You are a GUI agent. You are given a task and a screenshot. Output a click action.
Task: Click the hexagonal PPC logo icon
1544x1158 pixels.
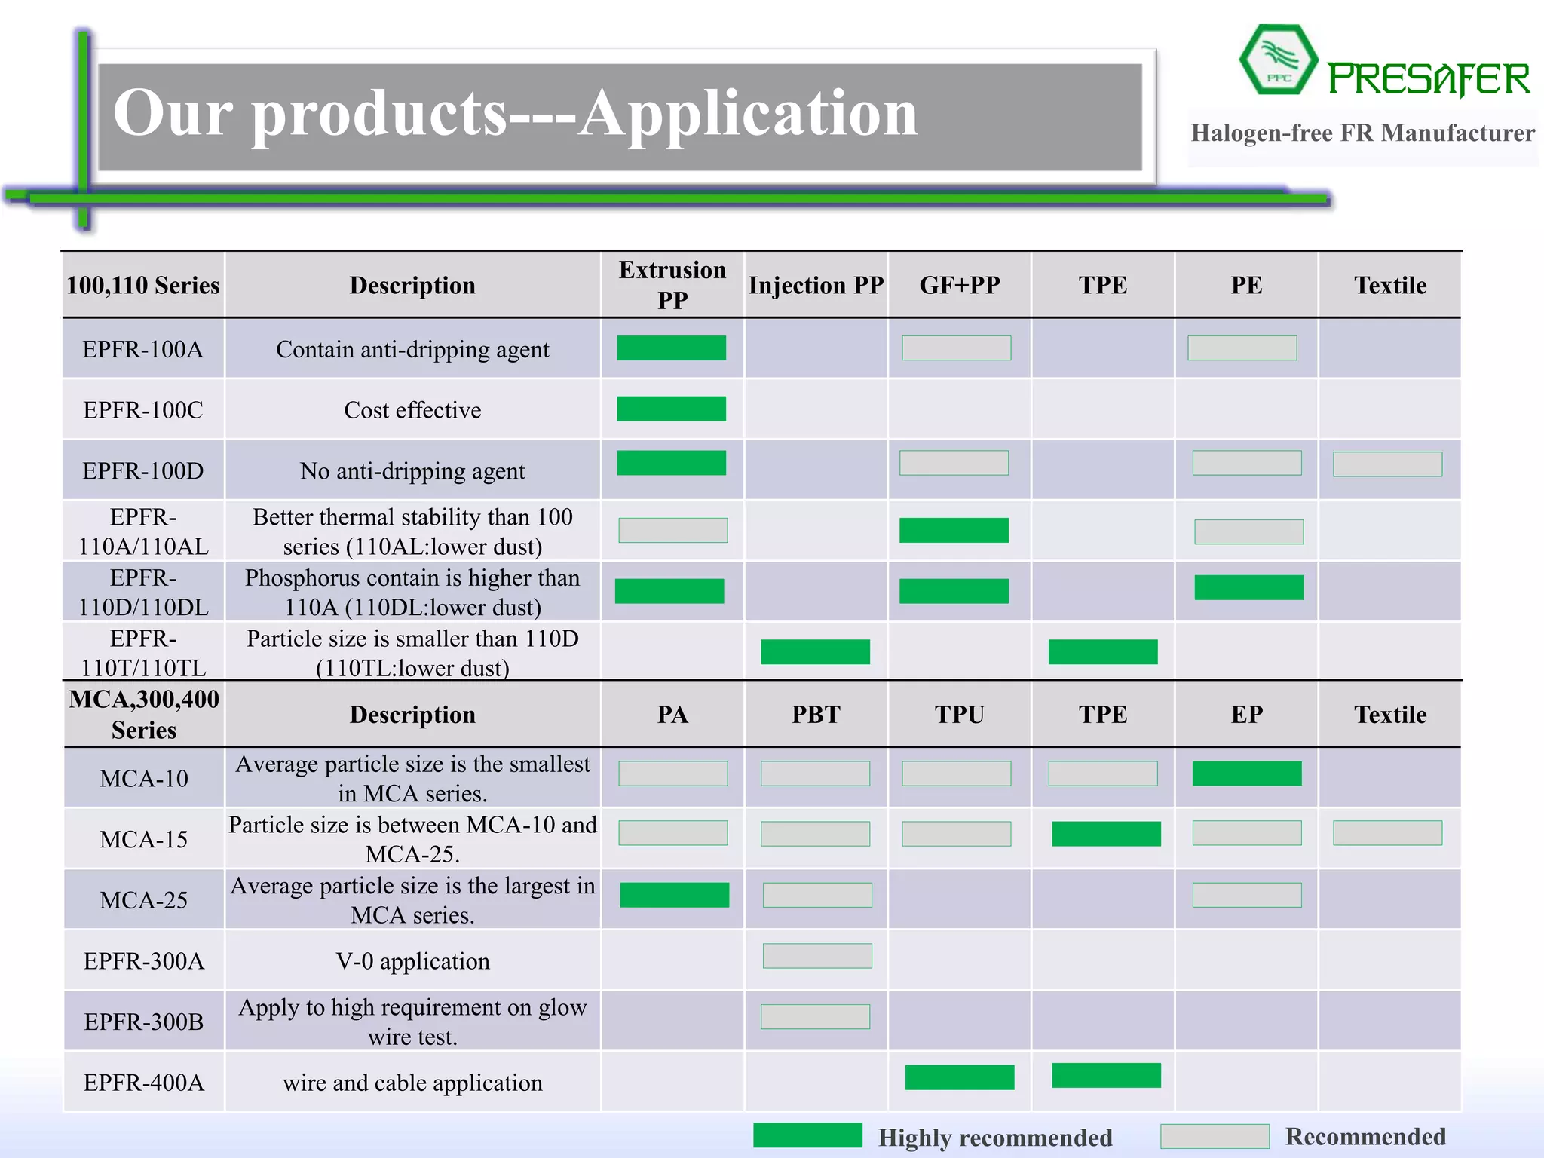coord(1278,60)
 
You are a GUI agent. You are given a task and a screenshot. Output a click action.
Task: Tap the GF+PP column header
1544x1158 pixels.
coord(959,285)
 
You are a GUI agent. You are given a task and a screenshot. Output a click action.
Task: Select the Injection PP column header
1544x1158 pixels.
coord(816,285)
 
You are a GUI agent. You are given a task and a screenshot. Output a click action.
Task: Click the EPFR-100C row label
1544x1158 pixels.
coord(143,410)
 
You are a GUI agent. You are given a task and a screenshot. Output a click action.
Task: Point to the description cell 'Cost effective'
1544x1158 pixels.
coord(412,410)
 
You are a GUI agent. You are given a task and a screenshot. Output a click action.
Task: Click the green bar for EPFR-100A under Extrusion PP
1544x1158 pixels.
coord(671,348)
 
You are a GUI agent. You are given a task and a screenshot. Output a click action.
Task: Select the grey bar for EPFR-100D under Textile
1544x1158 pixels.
coord(1387,464)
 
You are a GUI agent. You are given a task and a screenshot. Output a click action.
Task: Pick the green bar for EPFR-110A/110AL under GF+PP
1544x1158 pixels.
coord(954,530)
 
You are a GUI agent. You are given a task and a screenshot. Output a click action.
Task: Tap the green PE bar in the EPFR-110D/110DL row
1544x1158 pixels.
coord(1248,587)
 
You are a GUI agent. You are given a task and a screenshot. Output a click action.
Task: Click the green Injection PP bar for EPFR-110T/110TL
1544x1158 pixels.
coord(815,651)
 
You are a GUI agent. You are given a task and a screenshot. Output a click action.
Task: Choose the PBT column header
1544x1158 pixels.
coord(816,715)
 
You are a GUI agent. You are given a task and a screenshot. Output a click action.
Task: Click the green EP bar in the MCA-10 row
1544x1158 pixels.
coord(1247,774)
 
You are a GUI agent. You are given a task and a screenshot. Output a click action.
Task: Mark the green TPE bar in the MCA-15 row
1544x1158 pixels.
coord(1106,834)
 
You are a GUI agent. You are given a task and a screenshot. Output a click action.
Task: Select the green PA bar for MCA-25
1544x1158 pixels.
coord(674,895)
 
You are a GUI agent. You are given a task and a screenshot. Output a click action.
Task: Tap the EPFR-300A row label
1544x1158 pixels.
coord(143,961)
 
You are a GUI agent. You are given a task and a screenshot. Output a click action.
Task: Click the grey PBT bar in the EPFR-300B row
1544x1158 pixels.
coord(815,1017)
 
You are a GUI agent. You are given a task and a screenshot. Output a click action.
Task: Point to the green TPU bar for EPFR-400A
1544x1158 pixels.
coord(959,1077)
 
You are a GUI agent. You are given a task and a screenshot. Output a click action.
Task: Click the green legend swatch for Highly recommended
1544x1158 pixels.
coord(807,1135)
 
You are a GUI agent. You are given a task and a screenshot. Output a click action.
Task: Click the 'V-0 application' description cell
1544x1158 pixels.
coord(412,961)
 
